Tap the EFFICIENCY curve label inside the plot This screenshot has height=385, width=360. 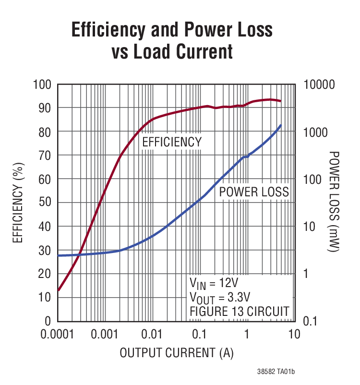[x=172, y=142]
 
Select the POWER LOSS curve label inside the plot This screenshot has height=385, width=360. [x=254, y=192]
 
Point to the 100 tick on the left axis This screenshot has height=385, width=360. [x=42, y=84]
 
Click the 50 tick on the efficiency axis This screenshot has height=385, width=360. [x=45, y=203]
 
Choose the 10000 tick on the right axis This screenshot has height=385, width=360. [x=320, y=84]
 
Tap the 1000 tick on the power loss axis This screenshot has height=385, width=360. [x=317, y=132]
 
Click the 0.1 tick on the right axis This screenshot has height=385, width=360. [x=312, y=321]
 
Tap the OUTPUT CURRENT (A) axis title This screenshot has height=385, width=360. [x=176, y=353]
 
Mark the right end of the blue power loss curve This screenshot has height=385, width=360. [x=281, y=125]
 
